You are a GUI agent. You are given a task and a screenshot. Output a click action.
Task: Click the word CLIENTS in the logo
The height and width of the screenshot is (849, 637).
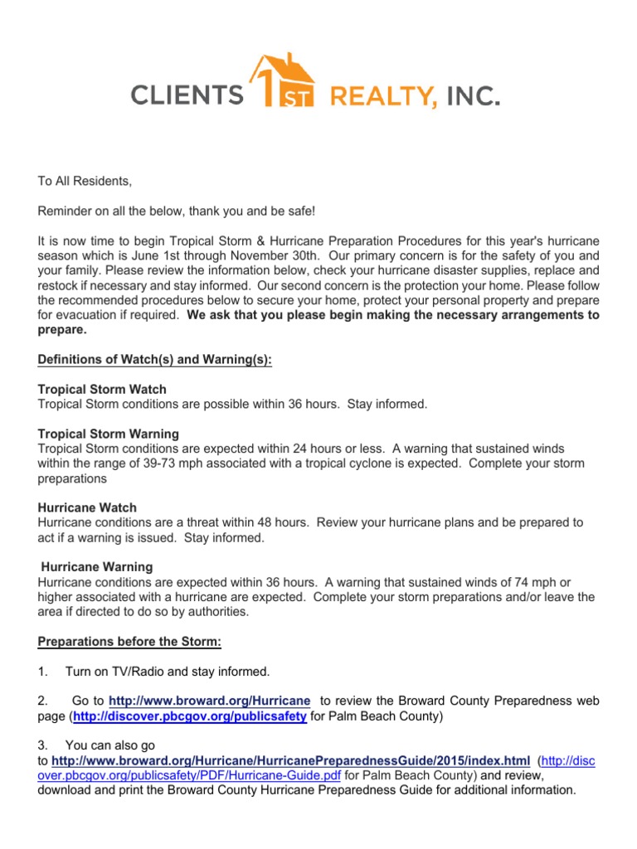point(187,97)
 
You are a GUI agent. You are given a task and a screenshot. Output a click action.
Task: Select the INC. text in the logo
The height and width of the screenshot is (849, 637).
point(474,98)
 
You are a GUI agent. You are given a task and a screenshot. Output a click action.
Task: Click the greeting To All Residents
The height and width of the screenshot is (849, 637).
point(85,181)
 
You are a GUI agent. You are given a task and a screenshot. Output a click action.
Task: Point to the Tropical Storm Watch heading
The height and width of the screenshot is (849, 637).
point(102,389)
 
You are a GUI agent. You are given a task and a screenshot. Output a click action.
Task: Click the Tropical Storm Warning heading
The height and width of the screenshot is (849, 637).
point(109,434)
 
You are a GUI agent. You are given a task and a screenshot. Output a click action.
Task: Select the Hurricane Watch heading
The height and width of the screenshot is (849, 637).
point(87,507)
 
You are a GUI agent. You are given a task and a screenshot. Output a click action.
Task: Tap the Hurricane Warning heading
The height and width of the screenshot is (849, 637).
point(97,567)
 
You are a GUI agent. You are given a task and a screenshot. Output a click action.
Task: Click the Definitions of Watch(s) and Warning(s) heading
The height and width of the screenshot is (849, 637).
point(155,359)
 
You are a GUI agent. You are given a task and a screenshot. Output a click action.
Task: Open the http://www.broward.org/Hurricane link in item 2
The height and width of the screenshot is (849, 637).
point(210,701)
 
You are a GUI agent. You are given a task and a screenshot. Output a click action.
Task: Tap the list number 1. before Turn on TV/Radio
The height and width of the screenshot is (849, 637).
point(43,671)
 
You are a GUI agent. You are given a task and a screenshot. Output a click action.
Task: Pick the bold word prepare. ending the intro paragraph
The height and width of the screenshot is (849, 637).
point(62,329)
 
